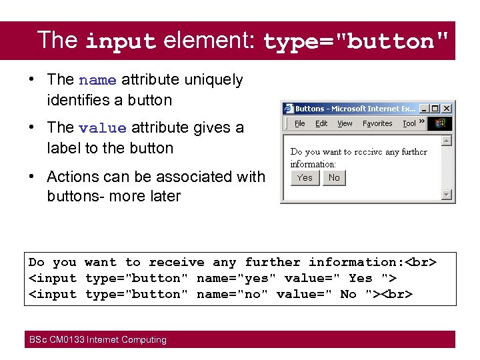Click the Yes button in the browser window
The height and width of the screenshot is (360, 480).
(x=305, y=177)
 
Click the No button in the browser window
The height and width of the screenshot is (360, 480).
(x=334, y=177)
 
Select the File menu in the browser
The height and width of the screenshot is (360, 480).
(x=300, y=123)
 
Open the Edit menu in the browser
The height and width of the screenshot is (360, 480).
(x=321, y=123)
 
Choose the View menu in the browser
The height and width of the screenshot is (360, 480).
(x=345, y=123)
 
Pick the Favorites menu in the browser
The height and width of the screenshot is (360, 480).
(x=377, y=123)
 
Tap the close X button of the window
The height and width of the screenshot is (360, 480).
(x=447, y=108)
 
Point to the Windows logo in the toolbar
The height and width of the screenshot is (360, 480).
(x=440, y=123)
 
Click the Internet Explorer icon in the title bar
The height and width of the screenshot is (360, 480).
(x=289, y=108)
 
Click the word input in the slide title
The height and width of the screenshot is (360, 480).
(x=121, y=41)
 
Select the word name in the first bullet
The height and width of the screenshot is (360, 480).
(x=97, y=80)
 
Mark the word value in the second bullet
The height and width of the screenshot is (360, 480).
(x=102, y=127)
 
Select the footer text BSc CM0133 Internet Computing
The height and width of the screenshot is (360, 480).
(x=97, y=340)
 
